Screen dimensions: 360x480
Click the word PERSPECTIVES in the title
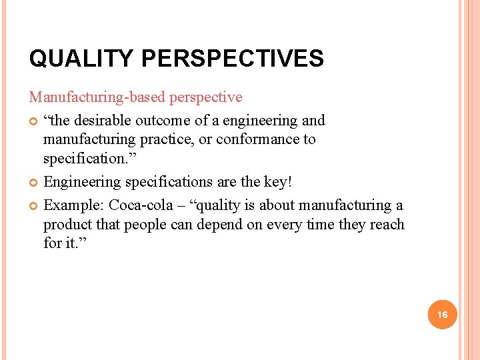(232, 59)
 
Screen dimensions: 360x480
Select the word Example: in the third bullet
(73, 205)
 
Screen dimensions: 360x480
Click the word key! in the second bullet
(279, 182)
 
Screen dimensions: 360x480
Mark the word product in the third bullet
(66, 224)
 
